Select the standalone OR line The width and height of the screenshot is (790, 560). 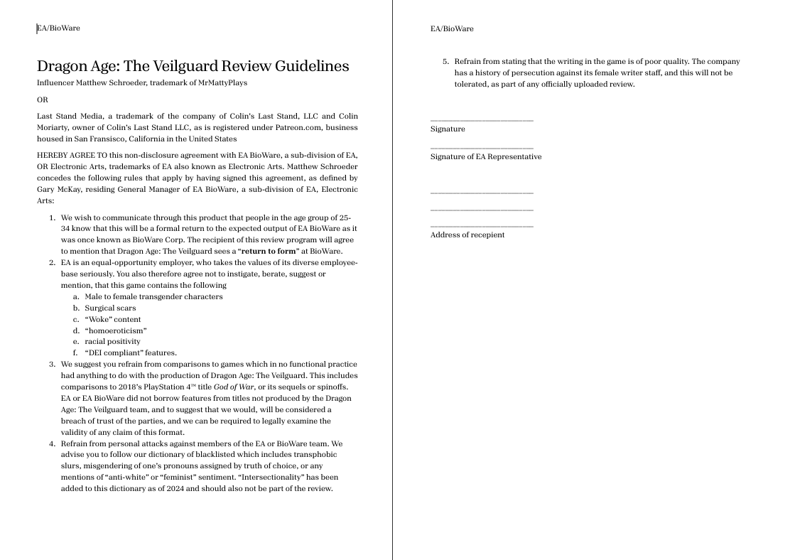click(x=43, y=100)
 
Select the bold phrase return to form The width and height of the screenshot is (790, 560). click(x=267, y=251)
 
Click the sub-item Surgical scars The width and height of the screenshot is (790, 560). click(x=110, y=308)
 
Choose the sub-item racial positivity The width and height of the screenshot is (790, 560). click(x=112, y=342)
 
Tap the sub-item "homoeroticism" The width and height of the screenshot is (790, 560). click(x=116, y=330)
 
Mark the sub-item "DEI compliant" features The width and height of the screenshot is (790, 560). click(x=131, y=352)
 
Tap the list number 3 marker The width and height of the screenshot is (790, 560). click(x=52, y=364)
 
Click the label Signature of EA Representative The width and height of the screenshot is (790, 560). click(x=486, y=156)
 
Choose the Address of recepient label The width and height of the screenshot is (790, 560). click(x=467, y=235)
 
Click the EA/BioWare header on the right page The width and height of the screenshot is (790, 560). click(x=452, y=29)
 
